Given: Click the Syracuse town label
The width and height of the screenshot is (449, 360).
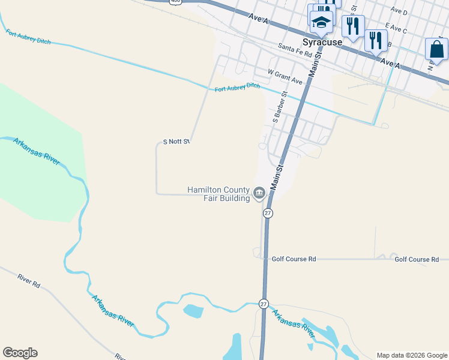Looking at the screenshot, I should [x=322, y=43].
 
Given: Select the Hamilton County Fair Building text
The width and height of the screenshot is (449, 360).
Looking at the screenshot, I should [x=218, y=194].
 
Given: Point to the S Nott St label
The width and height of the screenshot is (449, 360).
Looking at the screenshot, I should [x=176, y=142].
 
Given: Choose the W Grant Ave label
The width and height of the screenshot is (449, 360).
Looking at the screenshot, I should [x=285, y=77].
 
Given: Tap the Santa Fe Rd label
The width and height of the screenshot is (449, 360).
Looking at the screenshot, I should [x=295, y=53].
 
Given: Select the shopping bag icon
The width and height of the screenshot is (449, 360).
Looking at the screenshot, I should [x=436, y=50].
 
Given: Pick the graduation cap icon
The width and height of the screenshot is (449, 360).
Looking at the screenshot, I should [x=321, y=23].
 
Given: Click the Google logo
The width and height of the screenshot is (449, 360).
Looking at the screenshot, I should [x=20, y=353].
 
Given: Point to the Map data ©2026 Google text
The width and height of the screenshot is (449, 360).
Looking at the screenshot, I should [x=411, y=355].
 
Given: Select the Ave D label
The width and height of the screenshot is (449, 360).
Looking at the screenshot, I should [x=399, y=11].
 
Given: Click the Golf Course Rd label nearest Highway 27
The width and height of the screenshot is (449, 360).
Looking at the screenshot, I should [x=294, y=259].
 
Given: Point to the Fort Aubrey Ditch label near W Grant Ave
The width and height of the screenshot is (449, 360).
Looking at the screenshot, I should [x=238, y=88].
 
